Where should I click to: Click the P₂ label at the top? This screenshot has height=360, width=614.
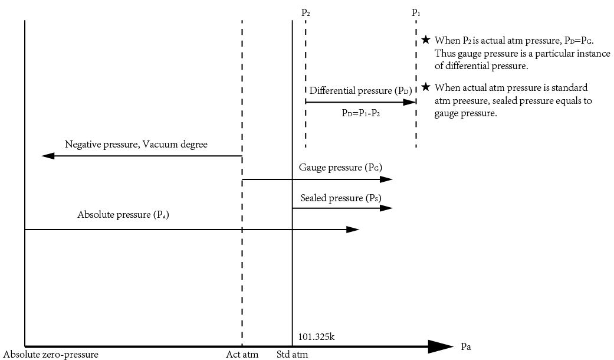click(306, 12)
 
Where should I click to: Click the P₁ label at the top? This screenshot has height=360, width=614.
click(416, 12)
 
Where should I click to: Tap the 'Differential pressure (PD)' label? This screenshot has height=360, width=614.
click(360, 91)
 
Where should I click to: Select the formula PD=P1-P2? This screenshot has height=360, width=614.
click(360, 113)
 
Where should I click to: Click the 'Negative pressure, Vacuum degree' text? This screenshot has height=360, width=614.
click(136, 144)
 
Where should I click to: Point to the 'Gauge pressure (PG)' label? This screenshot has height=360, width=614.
click(340, 168)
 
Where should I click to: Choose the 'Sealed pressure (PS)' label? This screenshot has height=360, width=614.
click(340, 198)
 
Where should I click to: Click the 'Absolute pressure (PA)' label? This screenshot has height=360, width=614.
click(123, 215)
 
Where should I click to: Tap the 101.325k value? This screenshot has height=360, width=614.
click(317, 337)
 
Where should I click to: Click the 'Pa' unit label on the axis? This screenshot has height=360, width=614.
click(466, 346)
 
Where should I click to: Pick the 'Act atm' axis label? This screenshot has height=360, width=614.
click(242, 355)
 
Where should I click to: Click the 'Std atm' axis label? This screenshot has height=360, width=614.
click(292, 355)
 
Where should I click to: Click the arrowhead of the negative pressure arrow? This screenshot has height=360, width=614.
click(48, 156)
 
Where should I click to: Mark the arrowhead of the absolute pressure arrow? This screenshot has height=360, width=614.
click(353, 229)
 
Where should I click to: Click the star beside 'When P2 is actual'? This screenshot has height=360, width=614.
click(426, 40)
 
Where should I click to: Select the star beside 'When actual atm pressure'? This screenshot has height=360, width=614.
click(426, 87)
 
